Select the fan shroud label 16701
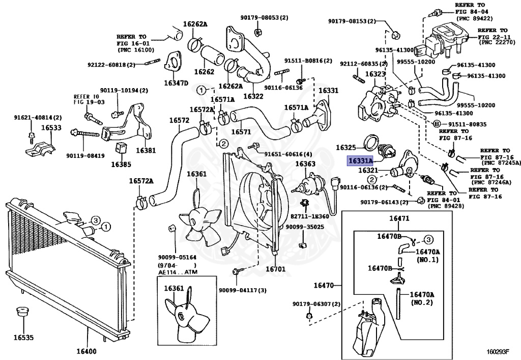point(276,268)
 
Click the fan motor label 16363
point(305,164)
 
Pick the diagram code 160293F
point(498,351)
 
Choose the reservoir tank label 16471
point(399,218)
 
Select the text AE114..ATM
point(177,272)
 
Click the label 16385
point(121,164)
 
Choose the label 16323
point(375,74)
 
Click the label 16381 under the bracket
point(146,151)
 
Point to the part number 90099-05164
point(177,258)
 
